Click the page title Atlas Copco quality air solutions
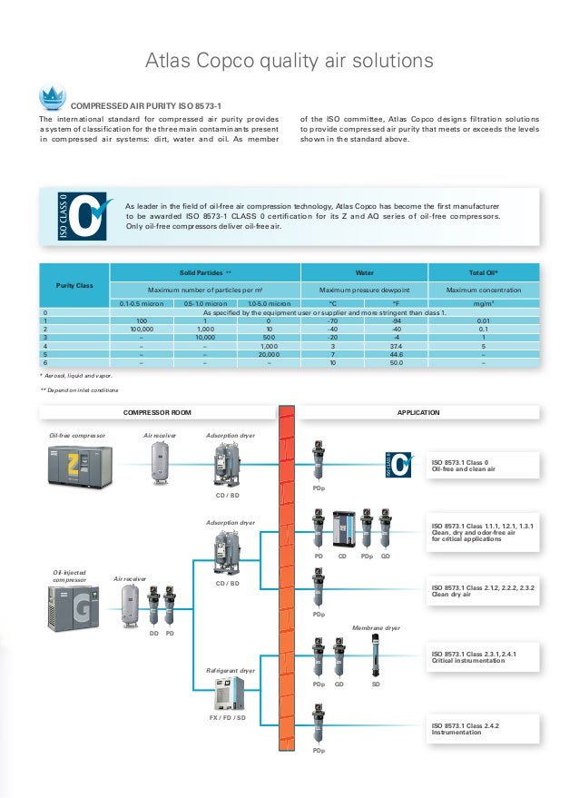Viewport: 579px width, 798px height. [289, 62]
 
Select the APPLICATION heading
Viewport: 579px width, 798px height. [418, 412]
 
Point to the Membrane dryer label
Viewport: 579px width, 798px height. [375, 627]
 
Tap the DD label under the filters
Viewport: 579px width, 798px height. [153, 633]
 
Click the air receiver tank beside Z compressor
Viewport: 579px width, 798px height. [162, 462]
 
